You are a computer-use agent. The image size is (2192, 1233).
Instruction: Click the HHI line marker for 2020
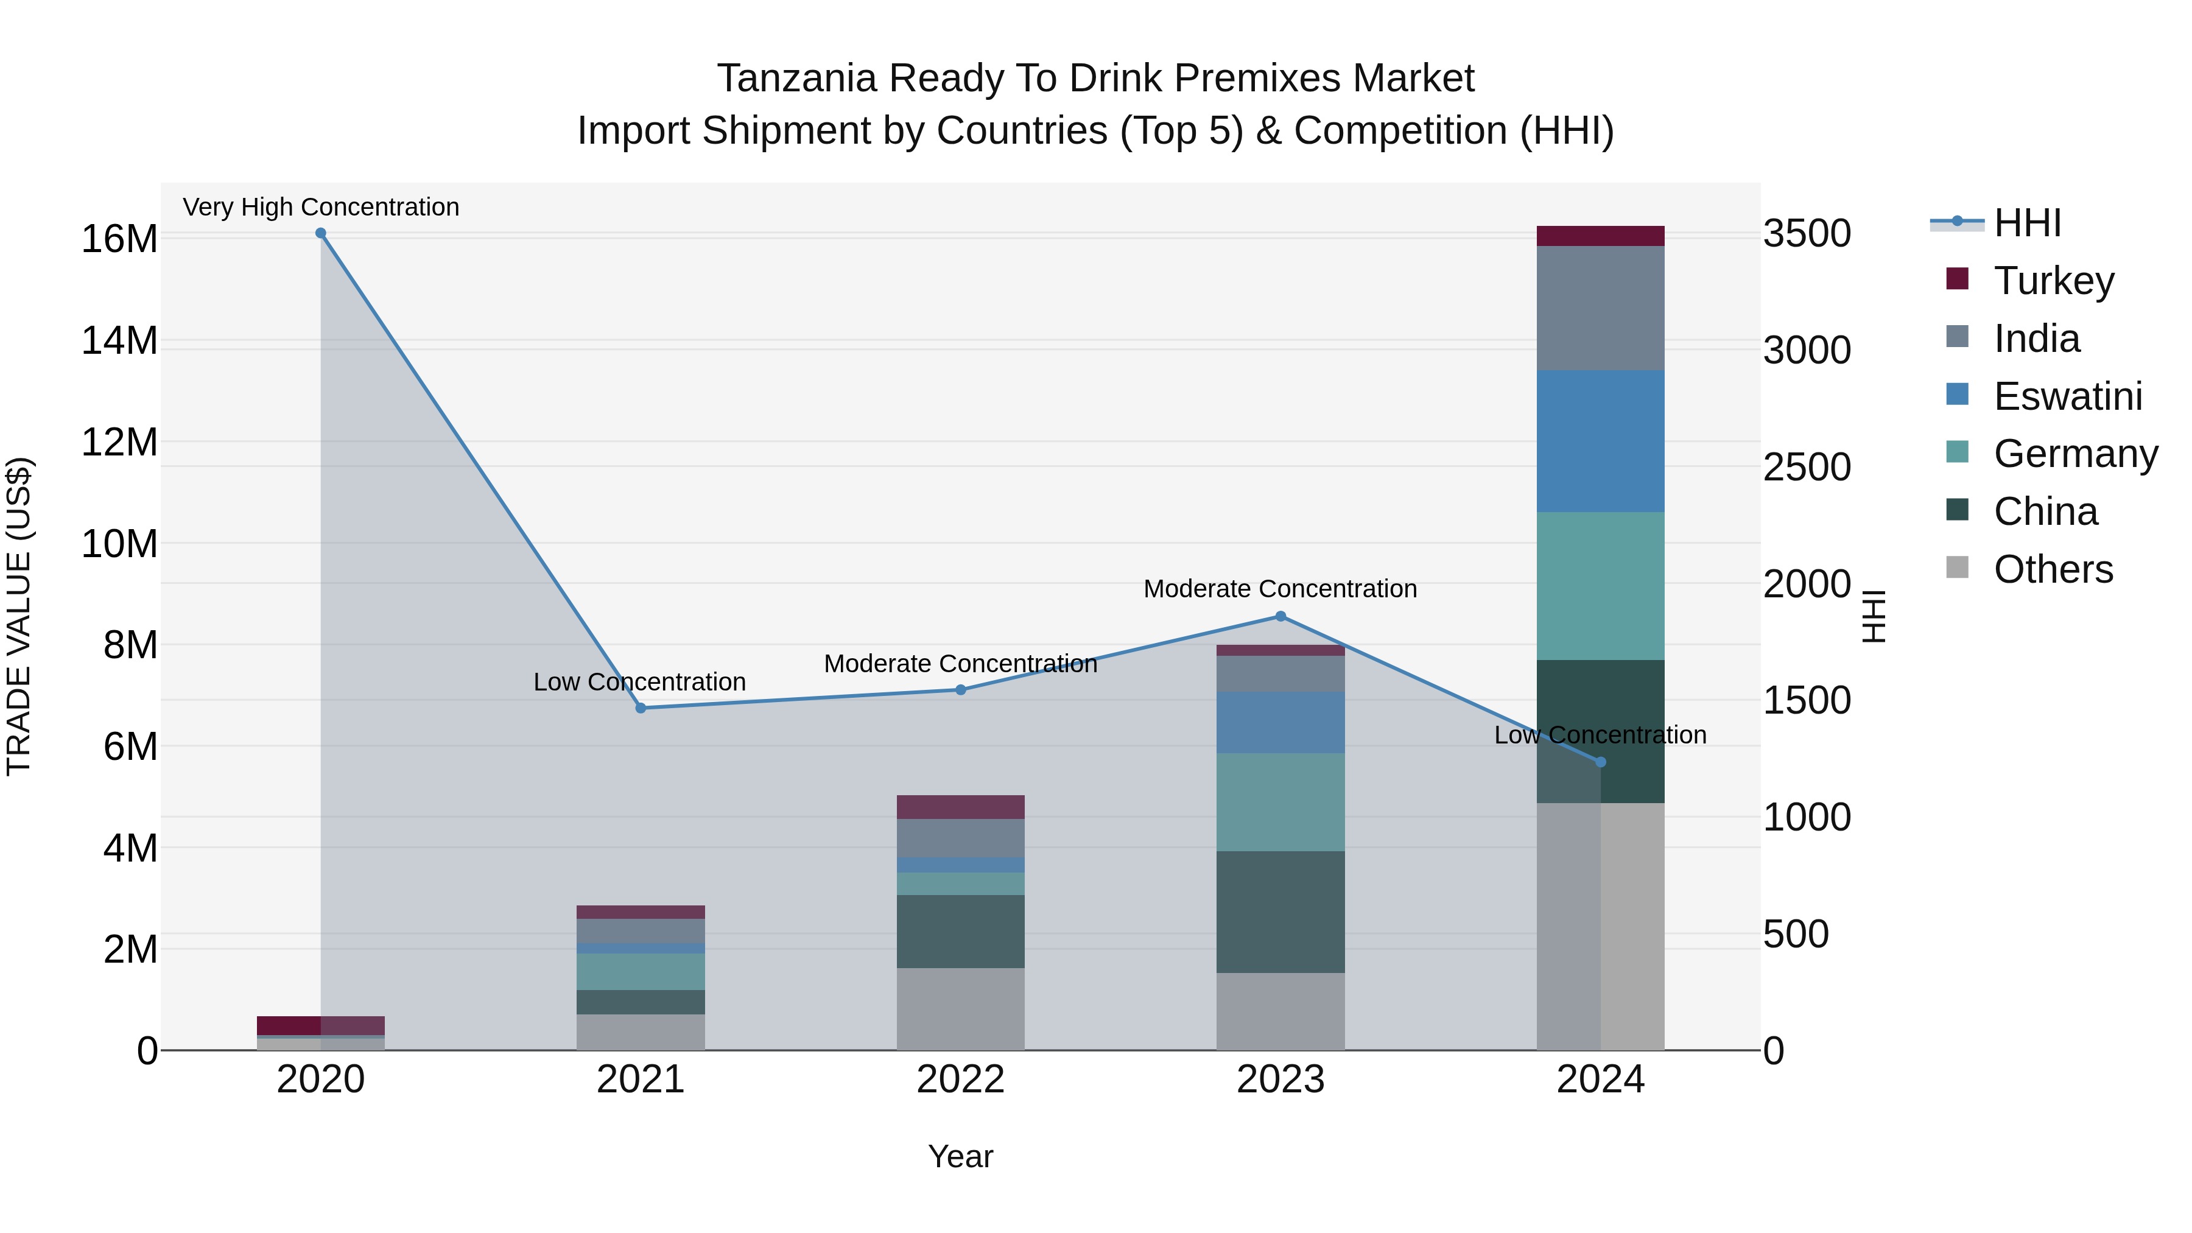coord(321,233)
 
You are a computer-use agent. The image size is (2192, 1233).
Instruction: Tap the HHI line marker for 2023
coord(1280,617)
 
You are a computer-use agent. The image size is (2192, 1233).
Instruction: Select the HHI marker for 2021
coord(641,708)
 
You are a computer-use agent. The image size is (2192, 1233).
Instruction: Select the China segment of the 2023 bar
coord(1280,912)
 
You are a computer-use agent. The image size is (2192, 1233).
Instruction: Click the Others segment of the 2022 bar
coord(961,1008)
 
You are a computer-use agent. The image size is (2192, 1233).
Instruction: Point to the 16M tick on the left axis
coord(119,239)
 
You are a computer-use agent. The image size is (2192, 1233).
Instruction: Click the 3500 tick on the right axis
coord(1807,234)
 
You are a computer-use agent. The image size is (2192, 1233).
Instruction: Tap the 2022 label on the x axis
coord(961,1080)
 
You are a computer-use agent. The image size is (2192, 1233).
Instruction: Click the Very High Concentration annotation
coord(321,207)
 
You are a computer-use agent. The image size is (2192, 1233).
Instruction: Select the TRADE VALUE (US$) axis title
coord(19,616)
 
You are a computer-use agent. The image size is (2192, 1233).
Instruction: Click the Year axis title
coord(961,1156)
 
